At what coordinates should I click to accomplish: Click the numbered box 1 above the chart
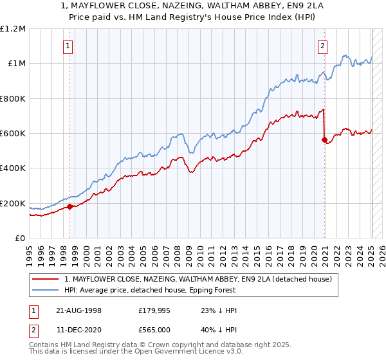(68, 46)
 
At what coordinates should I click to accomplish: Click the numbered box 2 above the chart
(322, 46)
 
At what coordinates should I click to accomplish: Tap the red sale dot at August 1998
(70, 206)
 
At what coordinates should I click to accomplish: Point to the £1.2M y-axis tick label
(13, 28)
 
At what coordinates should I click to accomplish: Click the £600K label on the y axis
(13, 134)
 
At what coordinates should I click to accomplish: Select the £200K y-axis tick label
(13, 204)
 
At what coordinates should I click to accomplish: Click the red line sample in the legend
(46, 279)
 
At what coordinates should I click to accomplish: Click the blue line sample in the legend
(46, 290)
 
